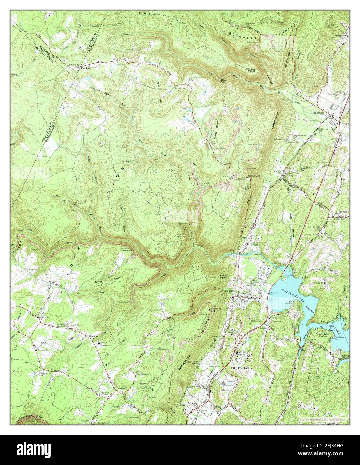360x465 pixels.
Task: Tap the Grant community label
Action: [52, 282]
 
